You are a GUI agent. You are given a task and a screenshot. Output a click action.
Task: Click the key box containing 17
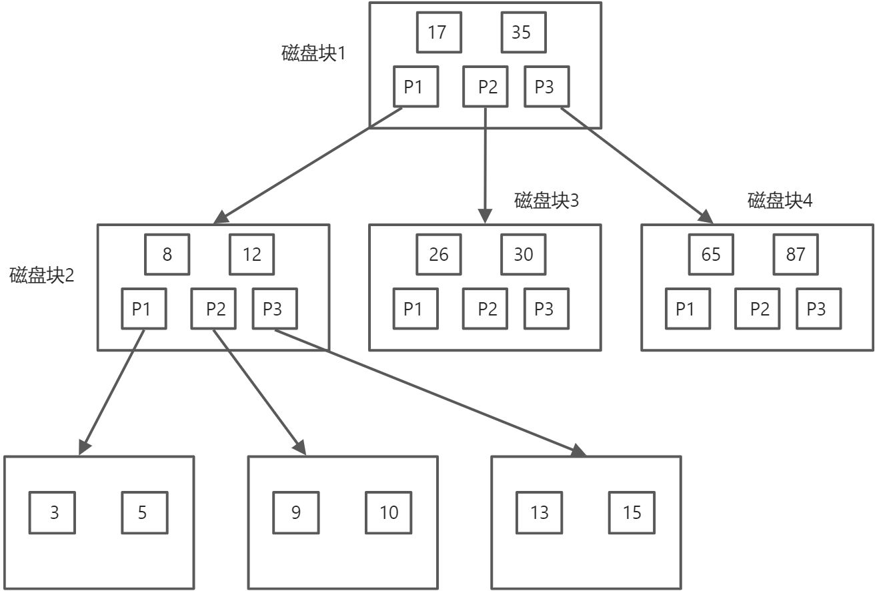(438, 32)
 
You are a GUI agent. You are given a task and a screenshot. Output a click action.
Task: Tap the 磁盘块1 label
(313, 53)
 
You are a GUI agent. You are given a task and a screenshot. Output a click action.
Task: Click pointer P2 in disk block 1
(486, 87)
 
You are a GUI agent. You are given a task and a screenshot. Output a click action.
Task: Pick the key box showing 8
(167, 254)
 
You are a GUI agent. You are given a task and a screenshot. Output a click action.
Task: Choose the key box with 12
(251, 254)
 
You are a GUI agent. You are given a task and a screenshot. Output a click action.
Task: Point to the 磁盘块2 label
(42, 275)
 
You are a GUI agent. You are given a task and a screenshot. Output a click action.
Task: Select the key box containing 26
(438, 254)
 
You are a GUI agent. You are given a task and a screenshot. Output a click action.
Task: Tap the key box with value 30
(523, 254)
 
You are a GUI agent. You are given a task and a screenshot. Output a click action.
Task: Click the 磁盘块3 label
(546, 200)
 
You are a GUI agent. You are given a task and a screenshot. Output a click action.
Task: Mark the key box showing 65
(711, 254)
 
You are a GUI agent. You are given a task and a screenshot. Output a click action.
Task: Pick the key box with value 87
(795, 254)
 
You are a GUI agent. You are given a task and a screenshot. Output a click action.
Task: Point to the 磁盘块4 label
(780, 200)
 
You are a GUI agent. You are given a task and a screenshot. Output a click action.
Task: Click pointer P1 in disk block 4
(687, 309)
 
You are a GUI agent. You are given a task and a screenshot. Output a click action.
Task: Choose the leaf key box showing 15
(631, 512)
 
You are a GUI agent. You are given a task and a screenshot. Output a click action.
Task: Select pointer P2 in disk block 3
(486, 309)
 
